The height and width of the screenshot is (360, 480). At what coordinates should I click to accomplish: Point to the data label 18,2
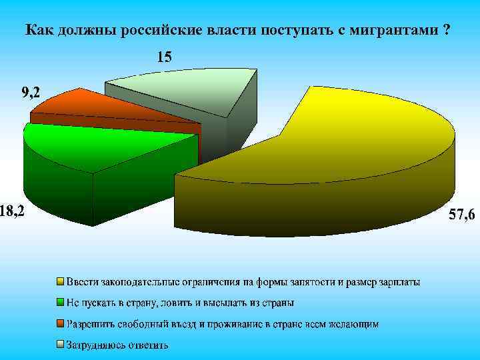13,211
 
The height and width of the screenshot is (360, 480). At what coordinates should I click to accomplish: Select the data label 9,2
30,94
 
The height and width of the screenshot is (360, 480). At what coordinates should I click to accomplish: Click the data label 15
164,58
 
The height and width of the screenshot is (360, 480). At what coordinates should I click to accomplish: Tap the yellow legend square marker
59,282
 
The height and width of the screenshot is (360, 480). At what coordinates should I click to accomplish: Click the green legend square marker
59,303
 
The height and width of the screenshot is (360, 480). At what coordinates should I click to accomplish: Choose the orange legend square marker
59,324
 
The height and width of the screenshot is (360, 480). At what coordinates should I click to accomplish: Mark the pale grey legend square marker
59,345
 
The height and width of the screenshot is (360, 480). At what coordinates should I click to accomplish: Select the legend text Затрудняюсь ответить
117,345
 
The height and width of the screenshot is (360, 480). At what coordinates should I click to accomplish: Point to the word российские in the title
174,31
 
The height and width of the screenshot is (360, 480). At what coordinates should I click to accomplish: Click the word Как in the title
39,31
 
